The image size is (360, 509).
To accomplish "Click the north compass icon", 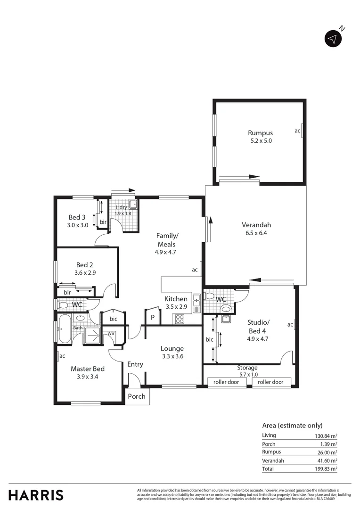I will (x=333, y=39).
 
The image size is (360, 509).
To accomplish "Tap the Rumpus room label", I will (x=260, y=133).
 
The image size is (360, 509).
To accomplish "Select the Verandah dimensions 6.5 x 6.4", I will (x=256, y=233).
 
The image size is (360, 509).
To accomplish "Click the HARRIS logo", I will (x=36, y=495).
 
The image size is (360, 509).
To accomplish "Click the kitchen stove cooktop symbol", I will (x=180, y=319).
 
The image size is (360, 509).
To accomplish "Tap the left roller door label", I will (x=227, y=382).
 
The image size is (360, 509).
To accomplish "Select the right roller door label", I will (x=271, y=382).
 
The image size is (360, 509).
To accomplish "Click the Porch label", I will (x=137, y=396).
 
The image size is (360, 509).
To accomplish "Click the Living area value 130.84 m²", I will (x=324, y=435).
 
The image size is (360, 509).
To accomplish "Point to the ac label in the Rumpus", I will (x=297, y=131).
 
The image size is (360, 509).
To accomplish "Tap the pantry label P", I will (x=153, y=318).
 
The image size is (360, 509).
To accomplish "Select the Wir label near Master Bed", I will (x=111, y=333).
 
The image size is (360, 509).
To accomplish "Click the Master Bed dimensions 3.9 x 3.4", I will (x=88, y=377).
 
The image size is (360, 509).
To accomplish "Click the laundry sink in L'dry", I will (x=133, y=204).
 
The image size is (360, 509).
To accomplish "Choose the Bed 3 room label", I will (x=77, y=217).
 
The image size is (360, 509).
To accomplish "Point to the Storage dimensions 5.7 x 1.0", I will (x=247, y=374).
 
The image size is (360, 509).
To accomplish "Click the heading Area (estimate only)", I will (x=292, y=424).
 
